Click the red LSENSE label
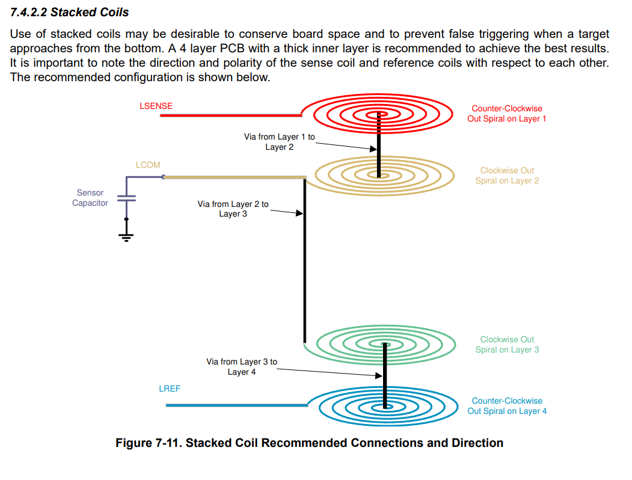[156, 106]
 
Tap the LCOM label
[148, 165]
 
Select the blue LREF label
[170, 389]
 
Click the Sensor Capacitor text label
[90, 198]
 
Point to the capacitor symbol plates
[126, 198]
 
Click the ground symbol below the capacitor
[126, 237]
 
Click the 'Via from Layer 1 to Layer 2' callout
[280, 142]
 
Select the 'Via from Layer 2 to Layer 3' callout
[233, 209]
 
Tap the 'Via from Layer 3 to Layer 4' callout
[242, 367]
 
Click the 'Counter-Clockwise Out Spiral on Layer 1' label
[507, 114]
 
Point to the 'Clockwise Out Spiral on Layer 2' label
[507, 176]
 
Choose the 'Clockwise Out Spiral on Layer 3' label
[507, 345]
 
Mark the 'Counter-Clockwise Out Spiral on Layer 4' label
[507, 406]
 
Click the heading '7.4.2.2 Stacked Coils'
[69, 12]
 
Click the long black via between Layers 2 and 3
[305, 260]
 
